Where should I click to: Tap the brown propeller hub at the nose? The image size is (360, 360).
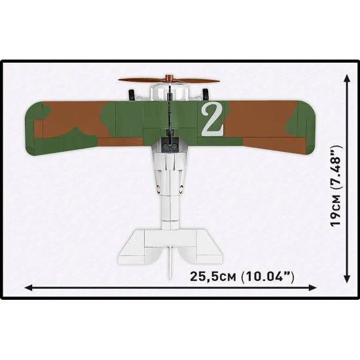171,80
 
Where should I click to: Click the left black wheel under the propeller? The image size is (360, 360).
135,94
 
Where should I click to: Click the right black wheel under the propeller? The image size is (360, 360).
206,94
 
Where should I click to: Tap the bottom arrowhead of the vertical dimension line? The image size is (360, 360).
346,281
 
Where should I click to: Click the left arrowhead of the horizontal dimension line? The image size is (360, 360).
29,286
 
